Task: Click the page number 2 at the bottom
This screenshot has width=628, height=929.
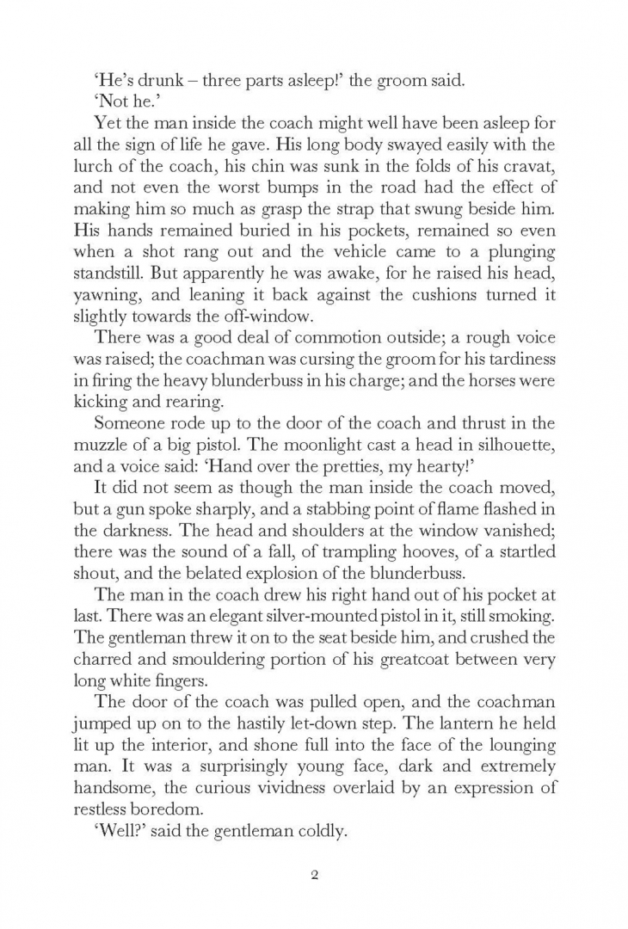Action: (314, 877)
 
